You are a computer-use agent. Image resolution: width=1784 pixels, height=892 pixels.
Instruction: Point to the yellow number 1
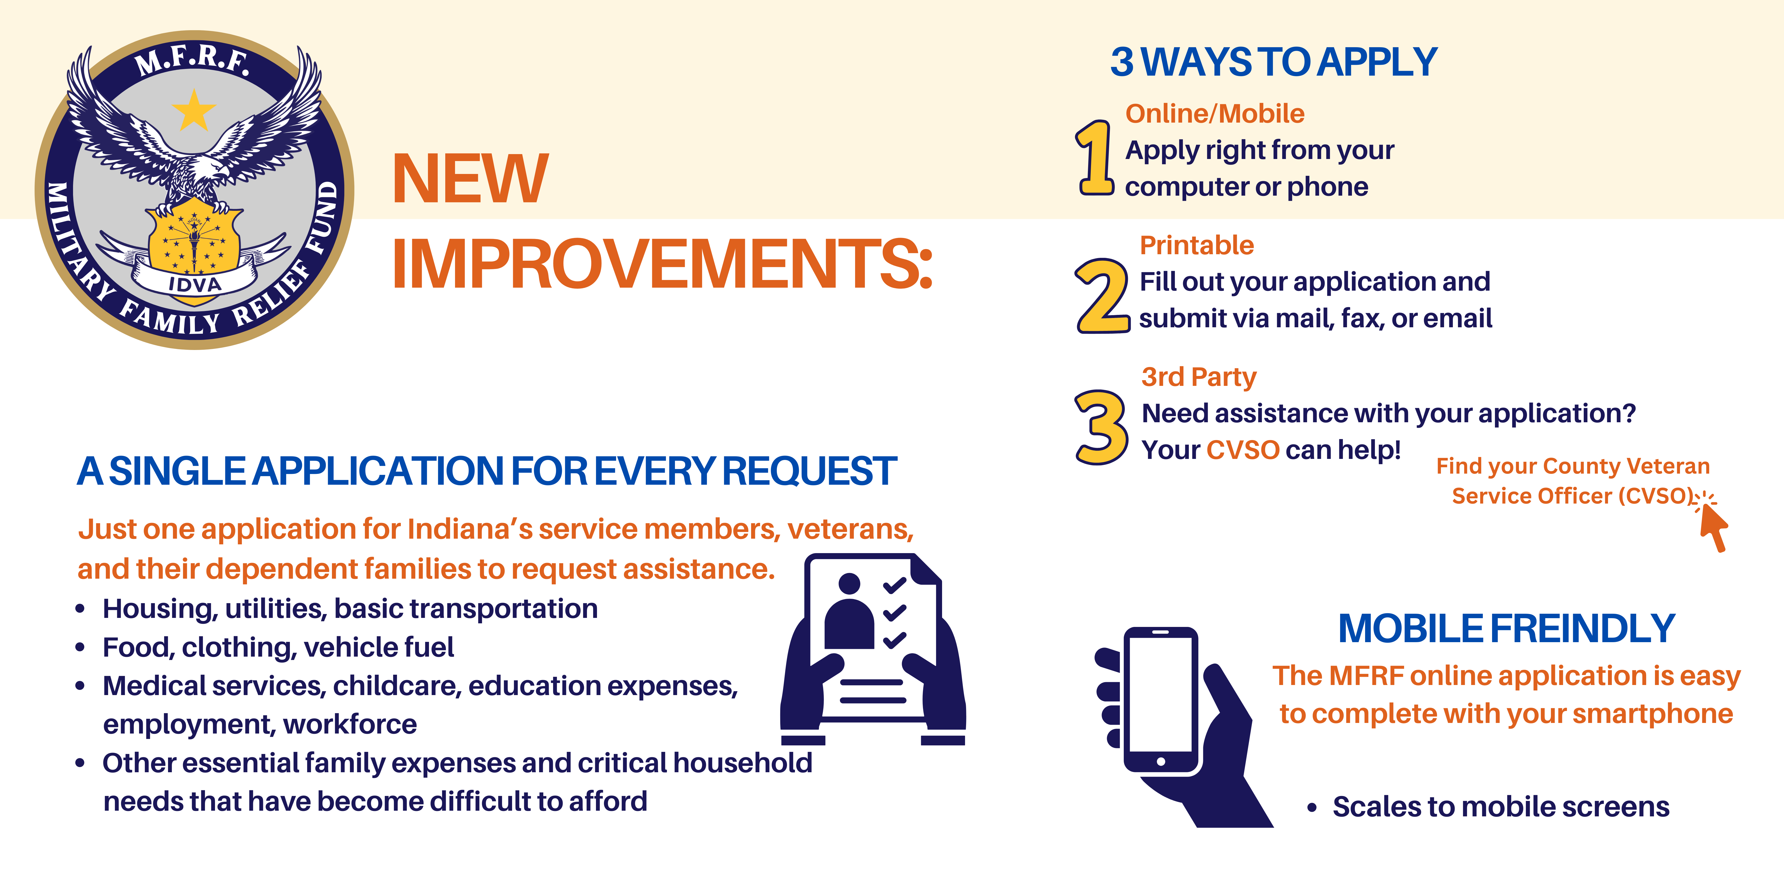coord(1095,158)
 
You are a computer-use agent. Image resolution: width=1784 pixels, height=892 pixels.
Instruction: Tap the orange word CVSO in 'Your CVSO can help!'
coord(1243,450)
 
